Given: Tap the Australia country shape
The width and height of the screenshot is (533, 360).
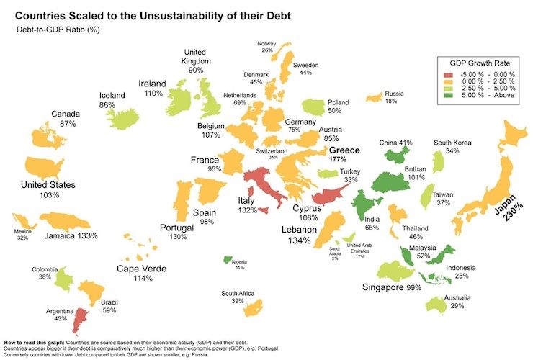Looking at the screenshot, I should coord(437,305).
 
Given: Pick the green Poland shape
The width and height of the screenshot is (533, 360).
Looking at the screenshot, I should coord(314,107).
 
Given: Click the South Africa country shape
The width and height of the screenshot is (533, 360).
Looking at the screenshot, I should coord(252,309).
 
